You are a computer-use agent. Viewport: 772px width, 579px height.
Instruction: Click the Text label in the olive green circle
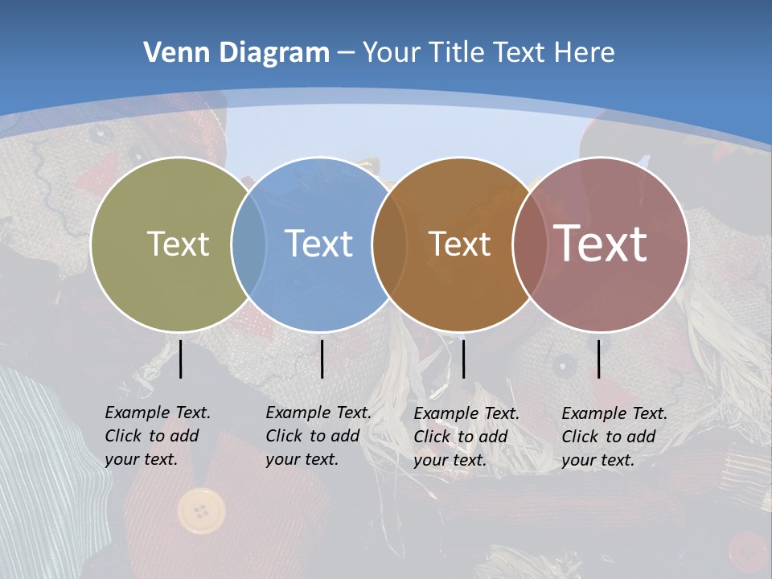click(178, 244)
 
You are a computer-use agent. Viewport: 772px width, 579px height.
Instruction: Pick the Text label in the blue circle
click(318, 244)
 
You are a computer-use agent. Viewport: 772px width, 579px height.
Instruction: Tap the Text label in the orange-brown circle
click(459, 244)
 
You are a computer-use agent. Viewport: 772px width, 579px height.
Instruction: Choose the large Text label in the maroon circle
click(600, 244)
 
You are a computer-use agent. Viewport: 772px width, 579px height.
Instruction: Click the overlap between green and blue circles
click(248, 244)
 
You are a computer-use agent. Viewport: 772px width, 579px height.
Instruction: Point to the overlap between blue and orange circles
click(389, 244)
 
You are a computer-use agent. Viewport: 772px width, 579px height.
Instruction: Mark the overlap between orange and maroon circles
click(529, 244)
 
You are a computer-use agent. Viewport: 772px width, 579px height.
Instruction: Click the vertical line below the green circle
click(181, 359)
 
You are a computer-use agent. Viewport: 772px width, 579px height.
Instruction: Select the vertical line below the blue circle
click(322, 359)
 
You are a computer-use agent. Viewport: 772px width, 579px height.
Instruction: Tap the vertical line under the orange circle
click(463, 359)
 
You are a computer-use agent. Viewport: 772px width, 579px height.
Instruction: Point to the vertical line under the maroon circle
click(599, 359)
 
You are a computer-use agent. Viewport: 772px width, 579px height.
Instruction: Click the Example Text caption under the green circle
click(157, 436)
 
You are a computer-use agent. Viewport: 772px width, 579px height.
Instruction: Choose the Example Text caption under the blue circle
click(318, 436)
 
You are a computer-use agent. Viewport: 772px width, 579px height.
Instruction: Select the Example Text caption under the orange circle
click(466, 437)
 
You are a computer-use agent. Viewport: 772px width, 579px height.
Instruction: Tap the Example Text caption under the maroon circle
click(614, 437)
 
